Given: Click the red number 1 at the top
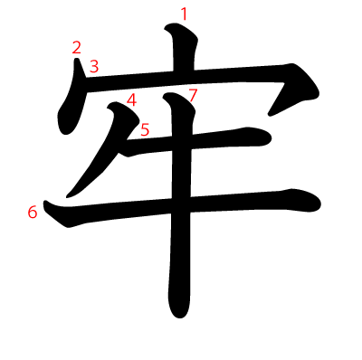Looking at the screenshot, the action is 185,14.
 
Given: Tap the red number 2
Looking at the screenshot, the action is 77,48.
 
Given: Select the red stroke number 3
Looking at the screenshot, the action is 94,65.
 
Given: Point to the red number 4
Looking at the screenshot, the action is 132,99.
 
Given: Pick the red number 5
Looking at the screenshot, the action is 145,129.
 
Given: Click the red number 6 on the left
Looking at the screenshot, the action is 33,212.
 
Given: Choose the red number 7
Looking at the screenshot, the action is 192,95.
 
